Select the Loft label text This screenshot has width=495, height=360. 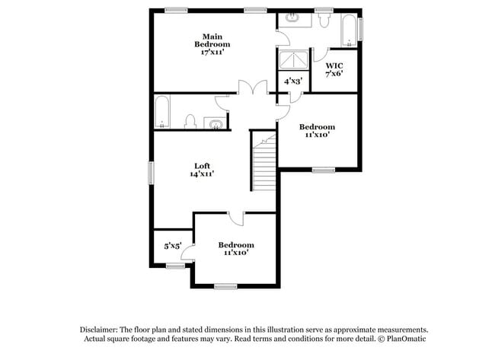[201, 170]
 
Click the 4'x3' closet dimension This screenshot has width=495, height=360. [293, 81]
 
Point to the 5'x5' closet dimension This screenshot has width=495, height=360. [173, 246]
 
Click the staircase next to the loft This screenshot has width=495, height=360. [263, 163]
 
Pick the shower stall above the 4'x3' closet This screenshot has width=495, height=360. [293, 59]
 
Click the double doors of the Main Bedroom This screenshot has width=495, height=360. [252, 88]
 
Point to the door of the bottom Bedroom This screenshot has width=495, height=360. [238, 218]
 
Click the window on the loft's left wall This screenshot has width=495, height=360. [152, 172]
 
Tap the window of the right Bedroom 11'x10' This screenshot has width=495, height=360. [323, 170]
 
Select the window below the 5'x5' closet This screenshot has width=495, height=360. [174, 266]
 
